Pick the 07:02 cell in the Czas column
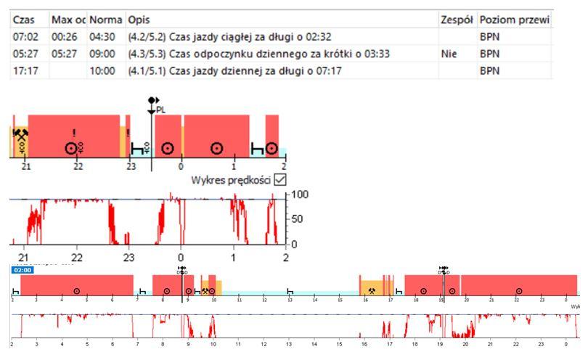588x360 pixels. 25,36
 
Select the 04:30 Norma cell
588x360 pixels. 102,36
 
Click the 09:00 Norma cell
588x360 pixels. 102,54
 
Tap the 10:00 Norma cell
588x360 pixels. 102,72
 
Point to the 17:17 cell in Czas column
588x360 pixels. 25,72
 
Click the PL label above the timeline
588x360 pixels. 161,110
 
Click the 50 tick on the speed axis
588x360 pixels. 298,219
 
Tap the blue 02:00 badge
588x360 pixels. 20,269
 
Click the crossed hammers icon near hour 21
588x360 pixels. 21,135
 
